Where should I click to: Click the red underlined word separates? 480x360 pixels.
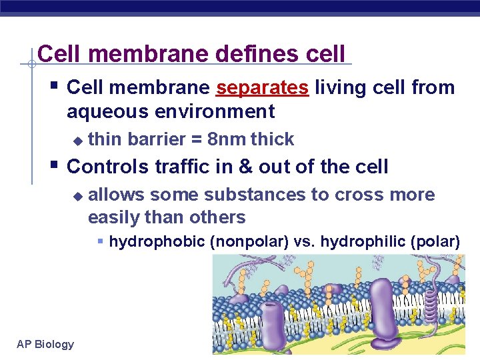(263, 88)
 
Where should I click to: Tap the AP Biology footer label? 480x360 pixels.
(45, 344)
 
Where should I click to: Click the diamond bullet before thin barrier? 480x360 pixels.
(78, 141)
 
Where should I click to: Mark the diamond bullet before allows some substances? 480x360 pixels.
(78, 196)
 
